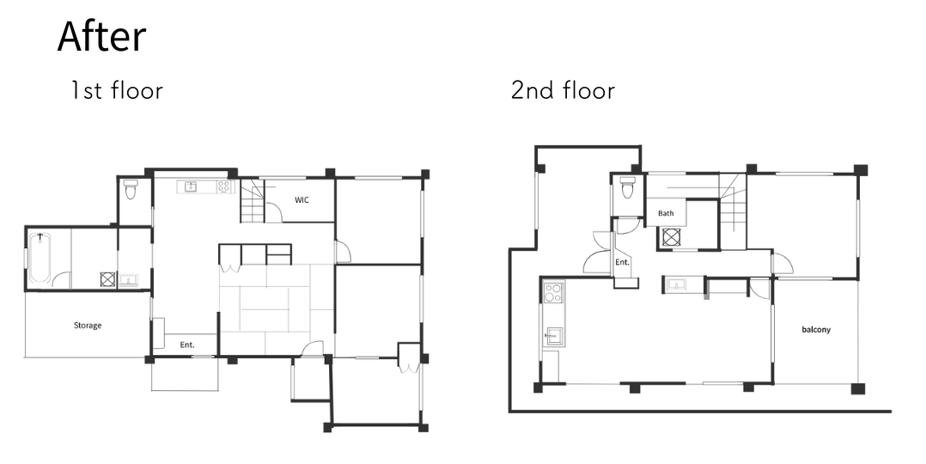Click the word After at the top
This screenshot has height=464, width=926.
click(x=101, y=37)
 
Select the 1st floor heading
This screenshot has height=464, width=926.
click(x=116, y=90)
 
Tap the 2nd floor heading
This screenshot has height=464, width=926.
click(x=563, y=90)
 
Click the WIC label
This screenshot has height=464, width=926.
click(x=302, y=200)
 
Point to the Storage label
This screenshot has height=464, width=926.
click(x=88, y=325)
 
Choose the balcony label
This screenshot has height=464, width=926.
click(x=816, y=329)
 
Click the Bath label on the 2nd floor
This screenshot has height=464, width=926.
click(x=666, y=213)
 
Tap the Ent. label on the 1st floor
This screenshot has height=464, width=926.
click(x=187, y=345)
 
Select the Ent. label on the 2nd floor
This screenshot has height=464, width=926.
click(x=623, y=262)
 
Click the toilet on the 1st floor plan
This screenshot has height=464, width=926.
click(x=131, y=189)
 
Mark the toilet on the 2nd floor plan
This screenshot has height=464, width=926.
click(x=628, y=186)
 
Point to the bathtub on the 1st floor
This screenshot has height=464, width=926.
click(x=40, y=259)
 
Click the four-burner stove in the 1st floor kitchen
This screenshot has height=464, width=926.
click(x=224, y=186)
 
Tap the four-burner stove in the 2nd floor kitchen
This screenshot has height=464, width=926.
click(x=553, y=293)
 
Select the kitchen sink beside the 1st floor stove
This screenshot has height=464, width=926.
click(x=190, y=187)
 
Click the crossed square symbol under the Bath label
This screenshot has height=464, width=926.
click(x=672, y=236)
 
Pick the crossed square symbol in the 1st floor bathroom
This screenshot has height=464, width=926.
click(x=107, y=279)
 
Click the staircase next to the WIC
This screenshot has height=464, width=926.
click(x=253, y=201)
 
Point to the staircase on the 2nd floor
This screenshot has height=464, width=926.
click(x=732, y=211)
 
